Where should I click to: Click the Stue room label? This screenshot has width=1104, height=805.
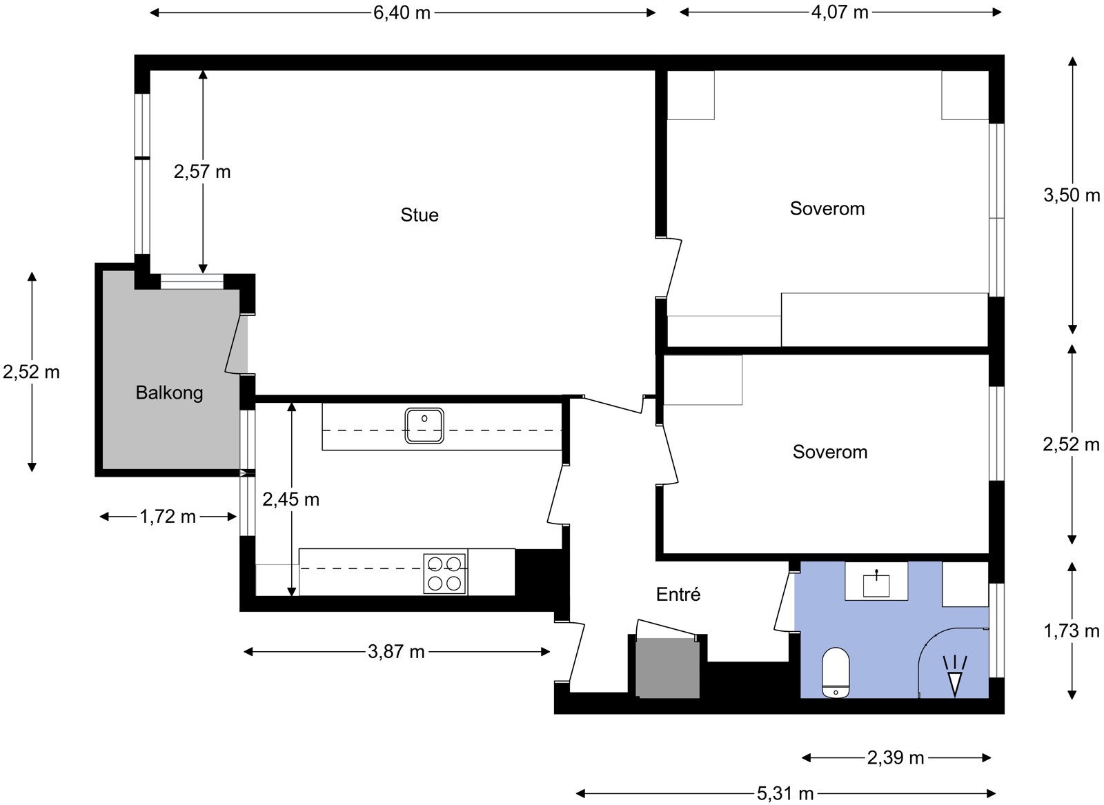420,215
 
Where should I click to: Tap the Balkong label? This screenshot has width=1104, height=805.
169,392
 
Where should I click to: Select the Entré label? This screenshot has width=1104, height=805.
678,594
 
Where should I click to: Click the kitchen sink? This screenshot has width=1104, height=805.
424,426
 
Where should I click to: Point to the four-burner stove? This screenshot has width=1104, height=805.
445,573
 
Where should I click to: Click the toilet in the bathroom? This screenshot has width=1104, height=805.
836,673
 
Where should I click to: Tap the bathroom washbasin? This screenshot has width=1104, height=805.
876,584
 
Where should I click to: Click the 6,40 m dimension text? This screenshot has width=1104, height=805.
402,13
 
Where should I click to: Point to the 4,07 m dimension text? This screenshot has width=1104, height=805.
840,12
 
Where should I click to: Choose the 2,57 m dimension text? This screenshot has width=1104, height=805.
202,172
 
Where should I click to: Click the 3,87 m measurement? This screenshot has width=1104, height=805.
396,652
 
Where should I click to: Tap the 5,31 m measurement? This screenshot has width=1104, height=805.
785,793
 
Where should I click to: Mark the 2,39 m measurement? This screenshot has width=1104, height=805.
896,757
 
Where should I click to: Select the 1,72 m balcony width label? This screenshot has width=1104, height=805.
168,517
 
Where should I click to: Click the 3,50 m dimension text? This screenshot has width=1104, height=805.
1072,195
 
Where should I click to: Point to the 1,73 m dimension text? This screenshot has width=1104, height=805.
1072,630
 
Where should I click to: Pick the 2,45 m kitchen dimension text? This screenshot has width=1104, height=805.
290,499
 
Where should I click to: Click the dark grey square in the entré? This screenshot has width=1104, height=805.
667,668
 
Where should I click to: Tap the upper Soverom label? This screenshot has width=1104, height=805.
827,208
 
